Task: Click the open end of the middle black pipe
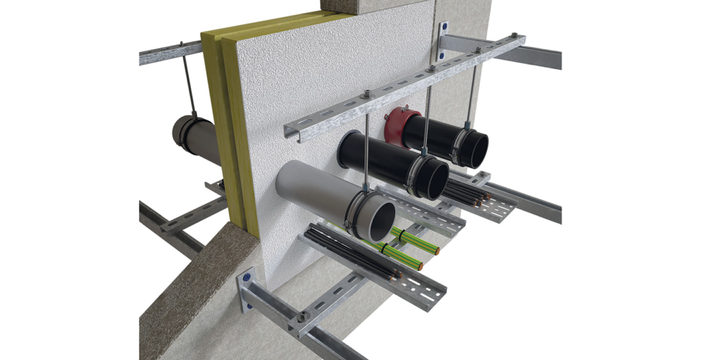pyautogui.click(x=433, y=178)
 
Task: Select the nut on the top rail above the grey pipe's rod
pyautogui.click(x=364, y=93)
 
